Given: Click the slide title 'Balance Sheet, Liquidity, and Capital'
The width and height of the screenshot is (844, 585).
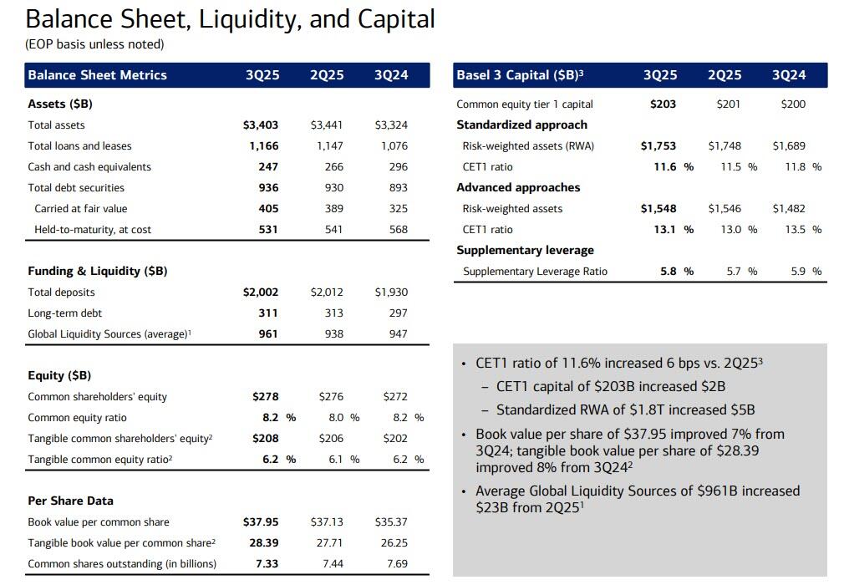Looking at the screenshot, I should [x=231, y=19].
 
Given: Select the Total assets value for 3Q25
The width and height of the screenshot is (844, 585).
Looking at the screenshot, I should [x=261, y=125].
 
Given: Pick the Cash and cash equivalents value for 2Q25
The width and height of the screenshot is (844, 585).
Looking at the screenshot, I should [x=333, y=167].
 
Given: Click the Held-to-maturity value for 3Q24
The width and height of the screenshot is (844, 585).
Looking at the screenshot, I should [x=398, y=230].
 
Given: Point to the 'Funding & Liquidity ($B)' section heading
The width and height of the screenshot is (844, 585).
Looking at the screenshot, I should [x=98, y=272].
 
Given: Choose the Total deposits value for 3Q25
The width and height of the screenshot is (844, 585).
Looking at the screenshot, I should [x=261, y=292].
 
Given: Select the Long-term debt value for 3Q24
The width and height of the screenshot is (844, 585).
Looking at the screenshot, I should [x=398, y=313].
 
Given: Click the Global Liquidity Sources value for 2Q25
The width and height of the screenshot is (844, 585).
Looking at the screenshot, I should [x=333, y=334].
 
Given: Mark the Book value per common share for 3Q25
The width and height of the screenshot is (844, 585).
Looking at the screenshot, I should [x=261, y=522].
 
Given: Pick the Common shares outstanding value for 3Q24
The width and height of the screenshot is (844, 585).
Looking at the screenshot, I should [x=398, y=564].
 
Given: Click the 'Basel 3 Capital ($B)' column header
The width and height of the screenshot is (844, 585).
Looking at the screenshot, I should [x=520, y=75].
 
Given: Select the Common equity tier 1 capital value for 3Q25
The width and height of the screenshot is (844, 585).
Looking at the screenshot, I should [x=663, y=104].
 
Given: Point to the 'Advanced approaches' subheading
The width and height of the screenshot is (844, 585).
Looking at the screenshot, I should [x=518, y=188].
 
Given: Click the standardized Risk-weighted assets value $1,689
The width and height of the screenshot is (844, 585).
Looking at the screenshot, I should [x=789, y=146].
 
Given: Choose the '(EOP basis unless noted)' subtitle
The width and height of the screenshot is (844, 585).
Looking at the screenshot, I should [x=95, y=44].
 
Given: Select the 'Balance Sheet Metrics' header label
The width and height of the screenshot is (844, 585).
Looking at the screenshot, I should [x=98, y=75].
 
